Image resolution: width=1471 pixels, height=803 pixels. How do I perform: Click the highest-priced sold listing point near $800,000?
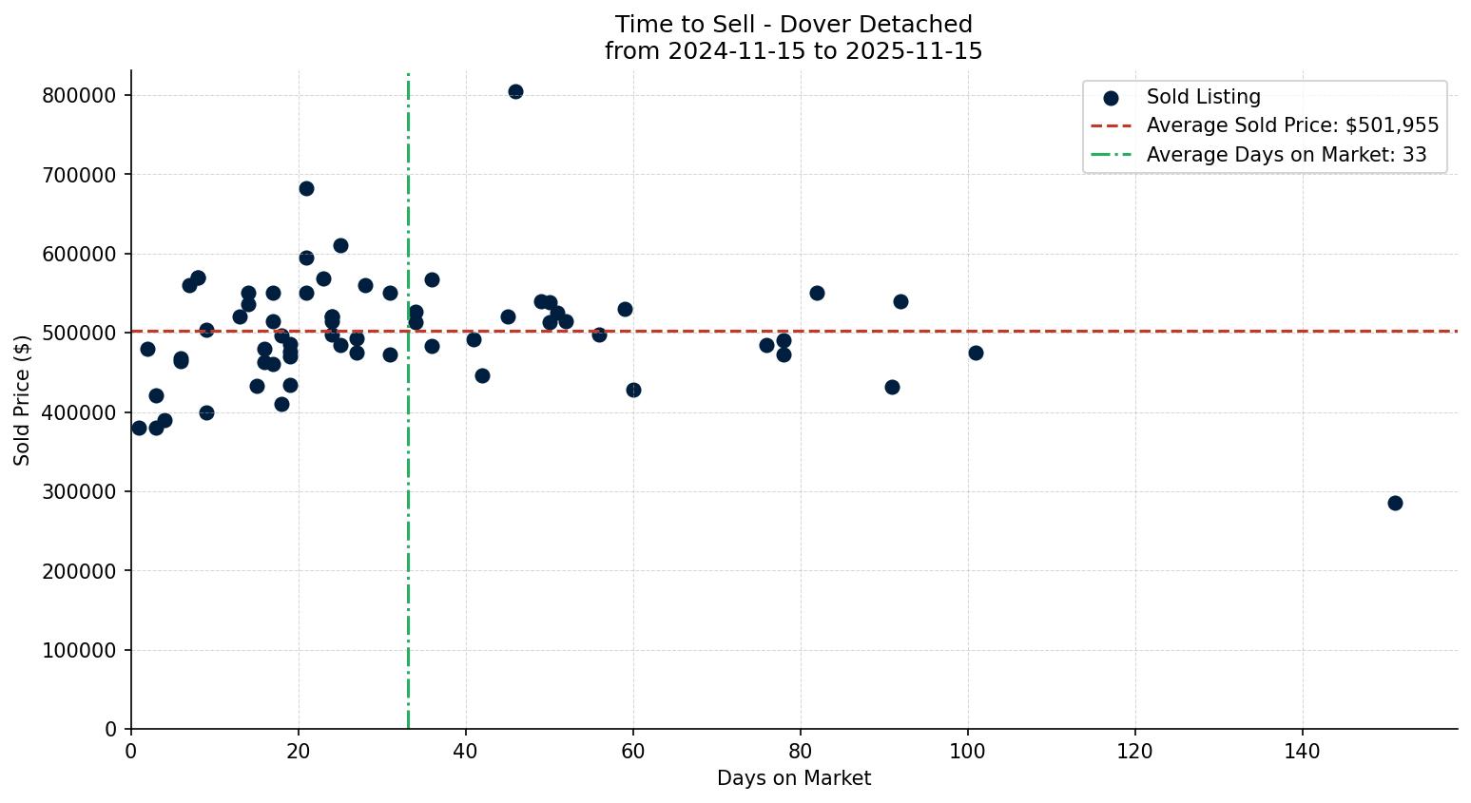click(515, 92)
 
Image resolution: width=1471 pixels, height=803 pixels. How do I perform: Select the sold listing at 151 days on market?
click(1395, 503)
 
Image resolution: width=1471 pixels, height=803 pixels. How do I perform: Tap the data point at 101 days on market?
click(976, 353)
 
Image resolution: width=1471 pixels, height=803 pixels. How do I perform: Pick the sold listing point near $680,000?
click(306, 188)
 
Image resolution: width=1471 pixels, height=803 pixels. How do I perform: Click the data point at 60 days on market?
click(633, 390)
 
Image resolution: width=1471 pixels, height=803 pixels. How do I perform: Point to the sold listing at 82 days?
click(817, 293)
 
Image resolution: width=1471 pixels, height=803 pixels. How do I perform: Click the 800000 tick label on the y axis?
click(80, 95)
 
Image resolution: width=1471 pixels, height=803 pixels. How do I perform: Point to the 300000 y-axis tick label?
click(80, 491)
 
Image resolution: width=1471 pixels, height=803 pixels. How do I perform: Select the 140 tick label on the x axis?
click(1303, 752)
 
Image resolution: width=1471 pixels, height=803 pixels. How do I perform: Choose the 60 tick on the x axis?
click(633, 752)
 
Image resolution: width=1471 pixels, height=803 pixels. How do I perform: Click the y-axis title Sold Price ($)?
click(23, 399)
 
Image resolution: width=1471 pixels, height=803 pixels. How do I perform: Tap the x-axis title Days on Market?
click(794, 778)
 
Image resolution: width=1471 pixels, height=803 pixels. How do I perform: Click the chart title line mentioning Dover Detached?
click(793, 25)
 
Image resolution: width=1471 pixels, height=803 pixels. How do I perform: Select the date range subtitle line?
click(793, 51)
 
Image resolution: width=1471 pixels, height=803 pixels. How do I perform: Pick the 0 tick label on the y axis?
click(110, 730)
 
